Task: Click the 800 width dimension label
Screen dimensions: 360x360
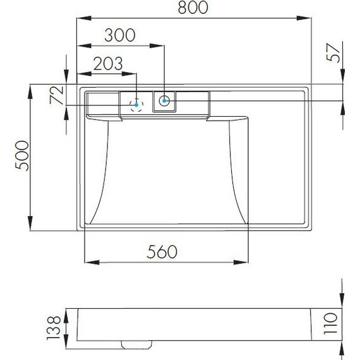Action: (x=193, y=8)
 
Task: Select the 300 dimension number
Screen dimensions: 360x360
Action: (x=120, y=35)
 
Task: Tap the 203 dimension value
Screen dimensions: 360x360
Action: (x=108, y=64)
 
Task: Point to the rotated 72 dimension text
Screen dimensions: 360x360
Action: (x=56, y=95)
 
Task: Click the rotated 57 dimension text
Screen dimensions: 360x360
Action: (x=333, y=53)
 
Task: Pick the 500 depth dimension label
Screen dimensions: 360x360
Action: (x=22, y=155)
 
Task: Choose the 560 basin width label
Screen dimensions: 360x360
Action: (x=162, y=251)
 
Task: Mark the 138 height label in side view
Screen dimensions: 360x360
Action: (x=53, y=327)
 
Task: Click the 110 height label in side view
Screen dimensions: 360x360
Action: (x=330, y=323)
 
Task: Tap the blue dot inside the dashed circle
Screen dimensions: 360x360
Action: (x=136, y=105)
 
